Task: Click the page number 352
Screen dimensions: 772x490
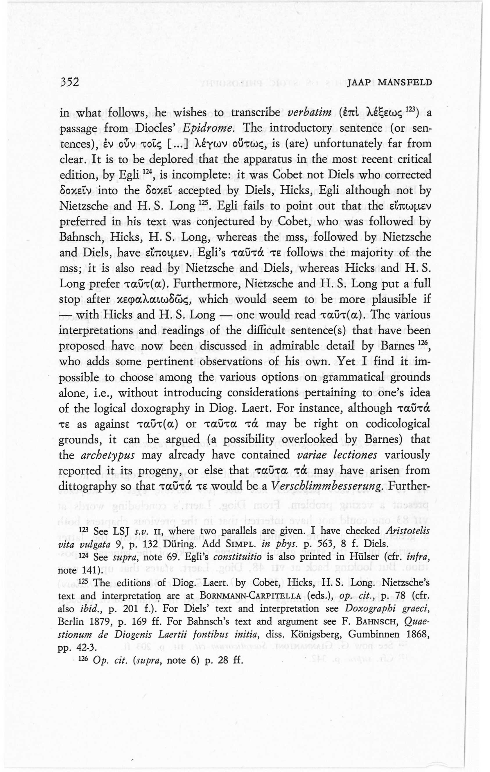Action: [69, 83]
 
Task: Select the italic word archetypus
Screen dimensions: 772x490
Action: [108, 456]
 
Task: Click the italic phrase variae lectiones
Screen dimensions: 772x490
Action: [337, 455]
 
